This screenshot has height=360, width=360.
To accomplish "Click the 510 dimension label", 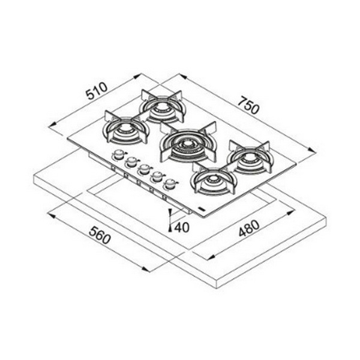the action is pos(97,91).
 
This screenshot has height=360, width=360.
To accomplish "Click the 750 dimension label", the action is pos(248,106).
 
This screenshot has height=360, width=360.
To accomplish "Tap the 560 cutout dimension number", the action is pos(100,235).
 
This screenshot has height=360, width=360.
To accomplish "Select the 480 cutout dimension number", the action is pos(249,228).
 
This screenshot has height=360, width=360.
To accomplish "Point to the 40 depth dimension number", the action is pos(182,227).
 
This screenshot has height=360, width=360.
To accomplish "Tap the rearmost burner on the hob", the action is pos(163,107).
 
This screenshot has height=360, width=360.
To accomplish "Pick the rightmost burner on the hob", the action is pos(251,158).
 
